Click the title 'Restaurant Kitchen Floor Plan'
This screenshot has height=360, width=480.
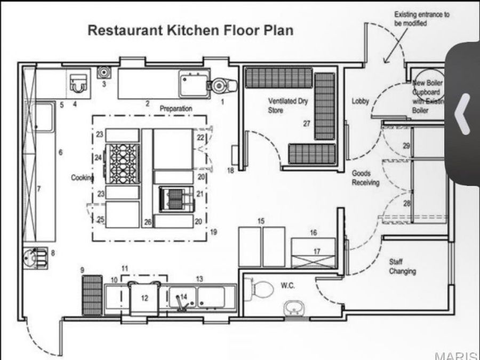[x=190, y=30]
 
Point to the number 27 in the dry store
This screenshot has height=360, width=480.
[x=306, y=124]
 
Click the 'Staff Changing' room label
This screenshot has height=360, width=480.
[x=402, y=267]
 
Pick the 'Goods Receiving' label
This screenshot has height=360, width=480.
[x=365, y=178]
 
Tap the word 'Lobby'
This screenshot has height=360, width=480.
[x=361, y=101]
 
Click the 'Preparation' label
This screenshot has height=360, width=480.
[x=175, y=109]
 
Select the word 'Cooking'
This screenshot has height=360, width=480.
[x=83, y=178]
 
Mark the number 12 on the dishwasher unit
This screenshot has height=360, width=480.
[x=145, y=298]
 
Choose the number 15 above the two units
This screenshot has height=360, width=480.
[x=261, y=220]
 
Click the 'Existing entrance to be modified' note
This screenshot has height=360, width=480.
[x=421, y=19]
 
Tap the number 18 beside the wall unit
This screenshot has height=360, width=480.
[x=230, y=171]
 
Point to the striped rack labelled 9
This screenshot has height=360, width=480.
[x=92, y=294]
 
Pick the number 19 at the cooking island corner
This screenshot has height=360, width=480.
[x=213, y=231]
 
